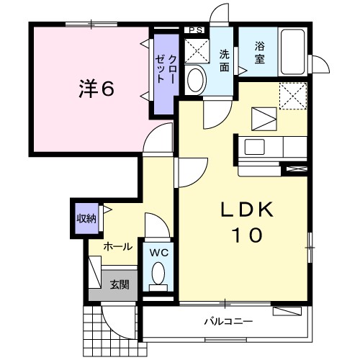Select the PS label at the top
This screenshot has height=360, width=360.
click(194, 30)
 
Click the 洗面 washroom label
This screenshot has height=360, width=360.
click(225, 59)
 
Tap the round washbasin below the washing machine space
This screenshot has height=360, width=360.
click(195, 80)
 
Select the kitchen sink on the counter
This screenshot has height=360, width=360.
click(256, 147)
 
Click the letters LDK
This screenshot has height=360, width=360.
click(246, 210)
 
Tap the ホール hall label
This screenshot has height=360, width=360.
click(117, 246)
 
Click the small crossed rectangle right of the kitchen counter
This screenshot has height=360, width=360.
click(297, 168)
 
